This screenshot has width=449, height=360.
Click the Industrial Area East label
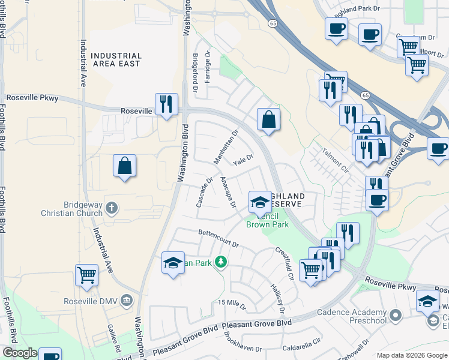[x=116, y=59]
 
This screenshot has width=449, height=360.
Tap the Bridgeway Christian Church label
[x=80, y=209]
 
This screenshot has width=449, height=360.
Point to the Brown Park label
[x=267, y=225]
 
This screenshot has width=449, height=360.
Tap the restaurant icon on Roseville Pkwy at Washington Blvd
[x=164, y=104]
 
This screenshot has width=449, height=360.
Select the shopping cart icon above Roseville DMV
[x=87, y=275]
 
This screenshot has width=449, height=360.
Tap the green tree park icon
[x=221, y=262]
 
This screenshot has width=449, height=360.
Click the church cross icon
[x=111, y=209]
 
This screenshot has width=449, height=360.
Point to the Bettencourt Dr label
[x=219, y=238]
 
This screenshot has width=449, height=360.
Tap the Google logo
[x=20, y=353]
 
